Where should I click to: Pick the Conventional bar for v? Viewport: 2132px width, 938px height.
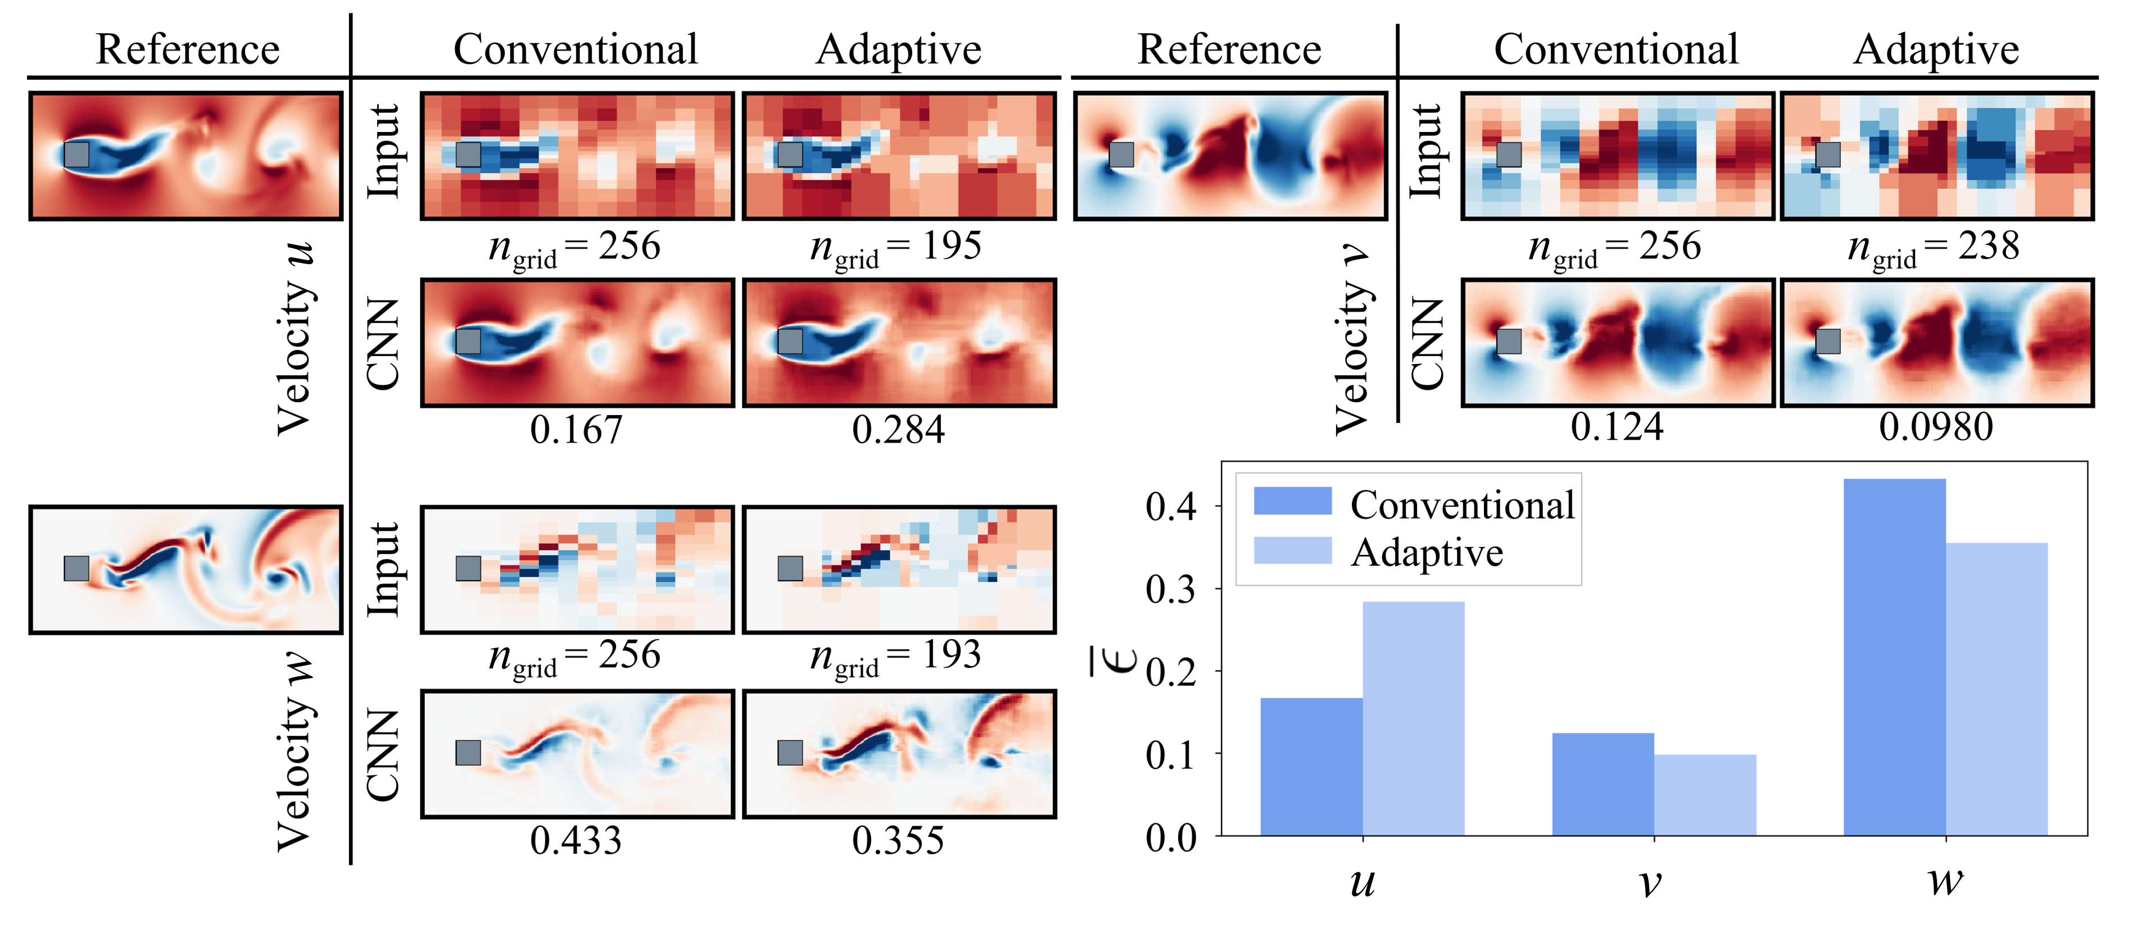pos(1603,784)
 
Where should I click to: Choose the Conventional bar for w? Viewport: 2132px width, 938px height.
pos(1894,658)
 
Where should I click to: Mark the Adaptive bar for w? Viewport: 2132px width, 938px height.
pos(1997,689)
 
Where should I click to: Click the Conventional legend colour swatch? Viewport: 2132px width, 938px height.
pos(1292,501)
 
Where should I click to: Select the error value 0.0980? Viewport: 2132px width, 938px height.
pos(1936,427)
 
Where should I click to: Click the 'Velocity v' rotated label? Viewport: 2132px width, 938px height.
pos(1352,339)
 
